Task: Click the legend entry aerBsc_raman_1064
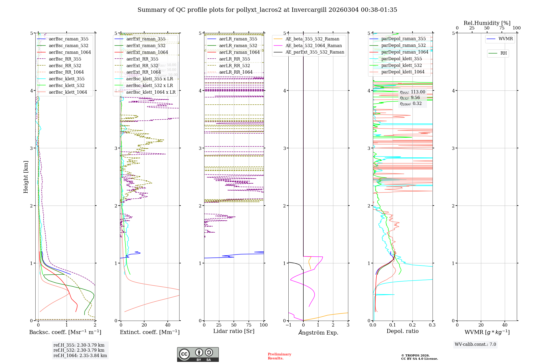pyautogui.click(x=70, y=52)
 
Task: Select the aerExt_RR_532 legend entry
pyautogui.click(x=142, y=66)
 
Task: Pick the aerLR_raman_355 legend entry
pyautogui.click(x=238, y=39)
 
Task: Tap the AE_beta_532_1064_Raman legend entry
pyautogui.click(x=314, y=45)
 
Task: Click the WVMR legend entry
pyautogui.click(x=506, y=39)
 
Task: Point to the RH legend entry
pyautogui.click(x=503, y=53)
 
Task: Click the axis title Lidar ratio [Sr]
pyautogui.click(x=234, y=331)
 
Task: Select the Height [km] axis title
pyautogui.click(x=26, y=177)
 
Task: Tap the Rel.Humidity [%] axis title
pyautogui.click(x=487, y=23)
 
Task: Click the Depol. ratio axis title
pyautogui.click(x=403, y=331)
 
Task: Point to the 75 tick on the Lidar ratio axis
pyautogui.click(x=249, y=325)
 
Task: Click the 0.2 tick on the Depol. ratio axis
pyautogui.click(x=412, y=325)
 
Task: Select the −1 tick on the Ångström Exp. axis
pyautogui.click(x=288, y=325)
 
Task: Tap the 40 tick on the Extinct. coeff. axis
pyautogui.click(x=168, y=325)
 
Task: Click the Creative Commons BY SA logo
pyautogui.click(x=198, y=355)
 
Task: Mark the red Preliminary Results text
pyautogui.click(x=279, y=356)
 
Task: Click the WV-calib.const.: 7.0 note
pyautogui.click(x=475, y=344)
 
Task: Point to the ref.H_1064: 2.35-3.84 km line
pyautogui.click(x=80, y=355)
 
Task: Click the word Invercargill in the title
pyautogui.click(x=309, y=10)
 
